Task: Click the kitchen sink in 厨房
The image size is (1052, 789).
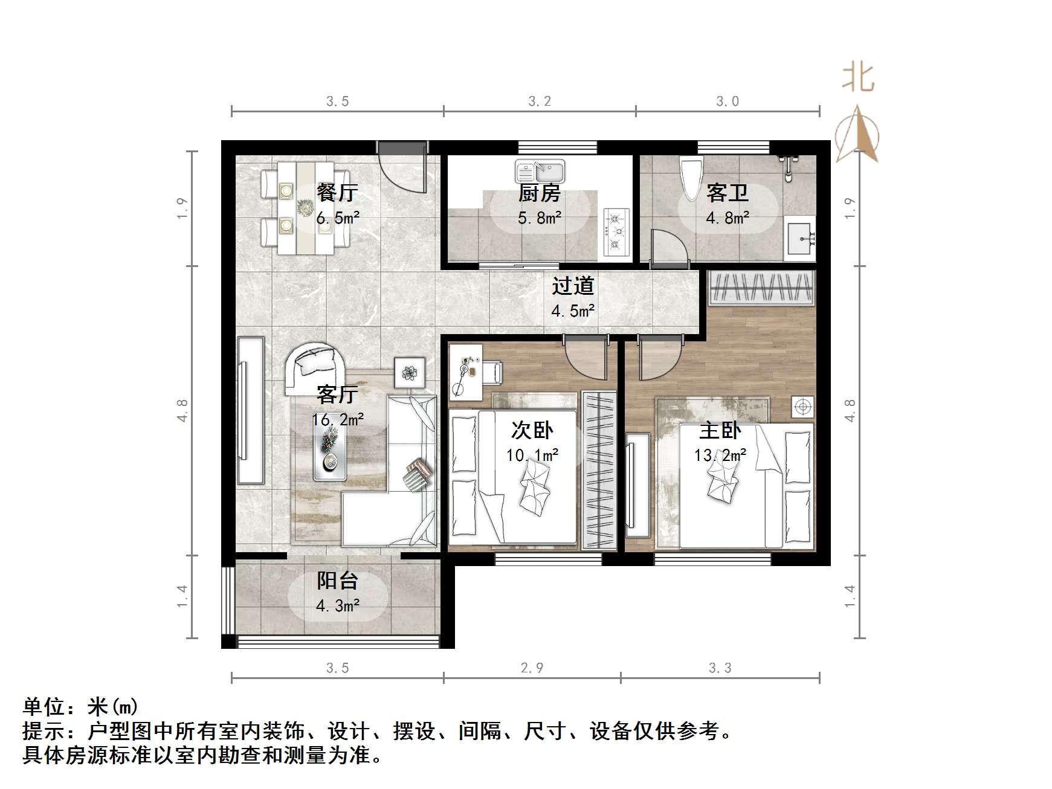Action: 540,172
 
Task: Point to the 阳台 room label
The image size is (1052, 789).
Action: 338,581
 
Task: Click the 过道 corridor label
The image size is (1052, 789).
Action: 572,286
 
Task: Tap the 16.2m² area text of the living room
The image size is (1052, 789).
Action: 337,419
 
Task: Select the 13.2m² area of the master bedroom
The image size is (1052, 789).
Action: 720,455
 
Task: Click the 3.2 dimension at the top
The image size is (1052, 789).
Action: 540,101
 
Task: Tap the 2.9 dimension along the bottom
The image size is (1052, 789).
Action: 532,668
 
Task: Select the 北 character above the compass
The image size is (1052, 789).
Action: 858,79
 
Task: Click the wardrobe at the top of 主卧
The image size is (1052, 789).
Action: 760,286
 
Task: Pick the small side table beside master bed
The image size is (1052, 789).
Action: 802,407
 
